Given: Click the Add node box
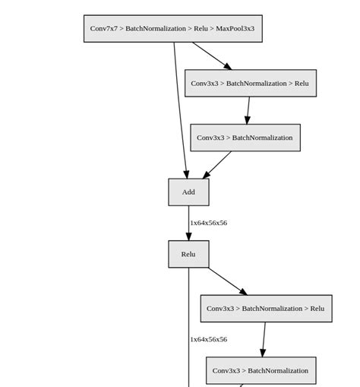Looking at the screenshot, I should point(188,192).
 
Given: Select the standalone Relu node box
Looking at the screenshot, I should point(188,255).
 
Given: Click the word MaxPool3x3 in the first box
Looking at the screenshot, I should point(235,29).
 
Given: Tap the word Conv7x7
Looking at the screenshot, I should point(104,29).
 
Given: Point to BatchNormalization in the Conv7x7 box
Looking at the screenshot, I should point(155,29).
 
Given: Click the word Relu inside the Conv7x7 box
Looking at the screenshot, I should point(201,29).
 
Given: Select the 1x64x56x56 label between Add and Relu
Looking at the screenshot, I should point(208,224).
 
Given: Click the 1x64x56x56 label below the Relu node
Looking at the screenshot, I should point(208,340).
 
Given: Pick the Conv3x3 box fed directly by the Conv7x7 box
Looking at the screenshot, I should point(250,84).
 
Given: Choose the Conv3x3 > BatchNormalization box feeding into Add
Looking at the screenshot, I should point(245,138).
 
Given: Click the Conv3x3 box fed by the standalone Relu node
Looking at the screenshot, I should point(266,309).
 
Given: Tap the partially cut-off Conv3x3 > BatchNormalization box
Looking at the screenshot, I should point(261,371).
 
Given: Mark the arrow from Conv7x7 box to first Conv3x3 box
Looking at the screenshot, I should point(211,56).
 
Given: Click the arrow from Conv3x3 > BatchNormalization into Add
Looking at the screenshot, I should point(218,165).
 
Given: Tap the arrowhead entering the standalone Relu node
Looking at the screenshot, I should point(188,236).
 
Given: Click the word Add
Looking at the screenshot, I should point(188,192).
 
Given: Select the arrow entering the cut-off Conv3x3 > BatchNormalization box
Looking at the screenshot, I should point(264,340).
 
